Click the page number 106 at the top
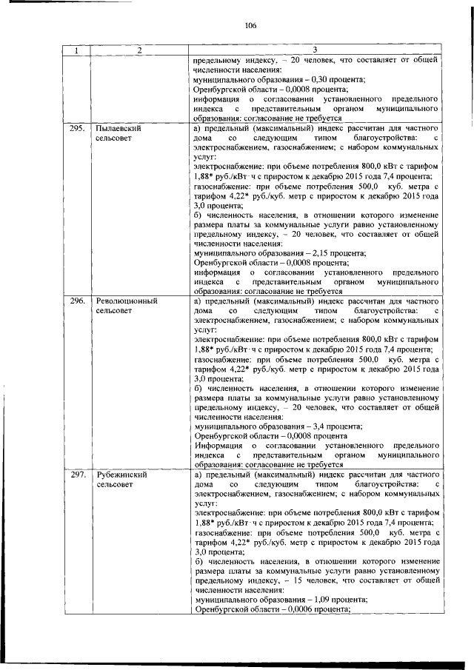pyautogui.click(x=250, y=25)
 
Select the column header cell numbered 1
pyautogui.click(x=76, y=50)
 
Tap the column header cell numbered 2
pyautogui.click(x=138, y=50)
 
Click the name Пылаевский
pyautogui.click(x=118, y=128)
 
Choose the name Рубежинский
pyautogui.click(x=121, y=475)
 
